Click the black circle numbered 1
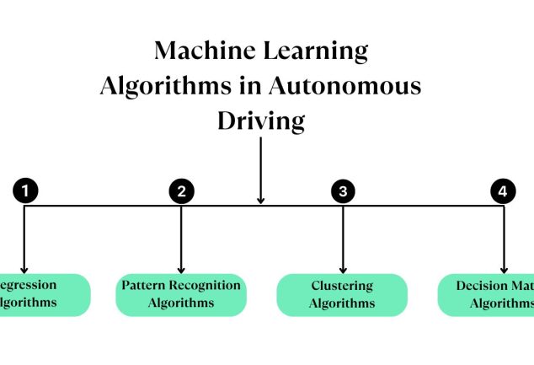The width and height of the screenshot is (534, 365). click(x=25, y=191)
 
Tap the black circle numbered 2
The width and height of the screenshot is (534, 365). click(x=181, y=191)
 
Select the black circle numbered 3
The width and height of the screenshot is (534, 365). click(x=342, y=191)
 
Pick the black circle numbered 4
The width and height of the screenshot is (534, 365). click(x=503, y=191)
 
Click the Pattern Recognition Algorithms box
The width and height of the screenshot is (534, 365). click(x=181, y=294)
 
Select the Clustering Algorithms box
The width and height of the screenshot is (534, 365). click(x=342, y=295)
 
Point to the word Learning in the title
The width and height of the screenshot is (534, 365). click(x=318, y=51)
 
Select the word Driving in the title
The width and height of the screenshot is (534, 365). click(x=261, y=121)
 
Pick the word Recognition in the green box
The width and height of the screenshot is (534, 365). click(x=206, y=285)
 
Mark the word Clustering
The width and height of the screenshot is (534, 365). click(x=342, y=286)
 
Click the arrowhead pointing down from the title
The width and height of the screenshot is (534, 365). click(x=261, y=199)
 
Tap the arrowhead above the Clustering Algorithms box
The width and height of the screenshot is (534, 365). click(x=342, y=267)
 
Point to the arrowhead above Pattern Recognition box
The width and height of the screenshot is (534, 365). click(x=181, y=267)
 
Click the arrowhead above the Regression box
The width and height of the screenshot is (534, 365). click(x=24, y=267)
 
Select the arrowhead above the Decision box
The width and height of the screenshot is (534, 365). click(x=503, y=267)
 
